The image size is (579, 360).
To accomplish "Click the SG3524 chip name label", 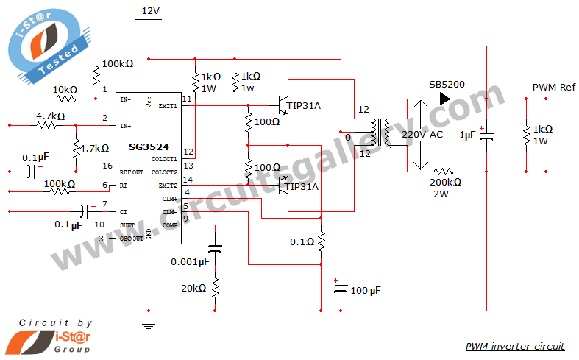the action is (x=149, y=147).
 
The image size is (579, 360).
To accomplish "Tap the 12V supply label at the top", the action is (x=151, y=11).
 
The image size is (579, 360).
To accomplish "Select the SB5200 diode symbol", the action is (x=444, y=99).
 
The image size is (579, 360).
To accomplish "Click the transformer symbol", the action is (x=381, y=133).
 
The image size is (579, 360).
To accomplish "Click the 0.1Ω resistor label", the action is (x=302, y=241).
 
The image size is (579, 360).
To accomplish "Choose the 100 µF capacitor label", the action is (x=366, y=291).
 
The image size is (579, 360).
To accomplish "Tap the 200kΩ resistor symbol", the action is (x=444, y=172).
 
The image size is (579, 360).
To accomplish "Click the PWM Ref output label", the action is (x=553, y=87).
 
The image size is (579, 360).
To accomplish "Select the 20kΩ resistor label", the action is (x=193, y=289).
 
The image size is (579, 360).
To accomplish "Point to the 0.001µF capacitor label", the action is (x=190, y=262).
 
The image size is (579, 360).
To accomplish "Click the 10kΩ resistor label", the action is (x=65, y=90).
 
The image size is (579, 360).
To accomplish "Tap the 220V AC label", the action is (x=422, y=134).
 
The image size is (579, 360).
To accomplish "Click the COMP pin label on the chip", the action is (x=170, y=225).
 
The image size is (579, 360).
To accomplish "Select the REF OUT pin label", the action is (x=131, y=172).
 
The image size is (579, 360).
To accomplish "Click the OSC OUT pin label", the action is (x=131, y=239).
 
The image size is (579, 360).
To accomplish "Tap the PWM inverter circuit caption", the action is (x=515, y=346).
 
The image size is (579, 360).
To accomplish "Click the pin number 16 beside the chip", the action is (x=107, y=166).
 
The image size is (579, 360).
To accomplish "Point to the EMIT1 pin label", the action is (x=168, y=106).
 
